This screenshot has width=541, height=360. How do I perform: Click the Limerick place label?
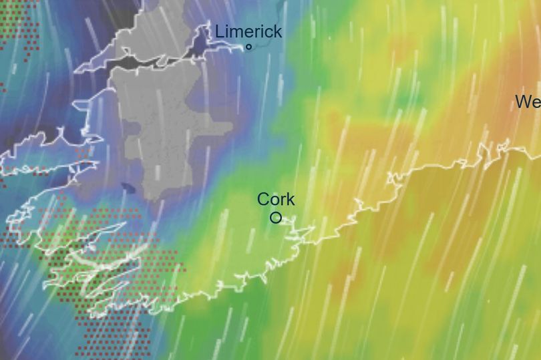click(x=248, y=31)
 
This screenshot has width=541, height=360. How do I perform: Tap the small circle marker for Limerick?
click(x=249, y=47)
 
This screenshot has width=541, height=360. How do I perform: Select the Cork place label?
click(x=276, y=199)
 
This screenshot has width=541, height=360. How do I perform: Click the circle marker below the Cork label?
click(x=276, y=218)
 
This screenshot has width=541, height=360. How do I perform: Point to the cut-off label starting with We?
click(x=528, y=102)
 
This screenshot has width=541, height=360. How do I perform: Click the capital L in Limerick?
click(x=220, y=31)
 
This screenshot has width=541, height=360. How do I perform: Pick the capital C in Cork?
click(x=263, y=199)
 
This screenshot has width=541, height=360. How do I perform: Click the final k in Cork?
click(x=291, y=199)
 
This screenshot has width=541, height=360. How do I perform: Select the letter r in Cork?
click(x=283, y=200)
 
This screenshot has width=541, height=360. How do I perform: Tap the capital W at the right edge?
click(x=524, y=102)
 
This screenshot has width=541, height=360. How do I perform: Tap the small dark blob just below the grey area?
click(x=128, y=188)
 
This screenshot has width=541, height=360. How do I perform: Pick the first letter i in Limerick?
click(x=226, y=31)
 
